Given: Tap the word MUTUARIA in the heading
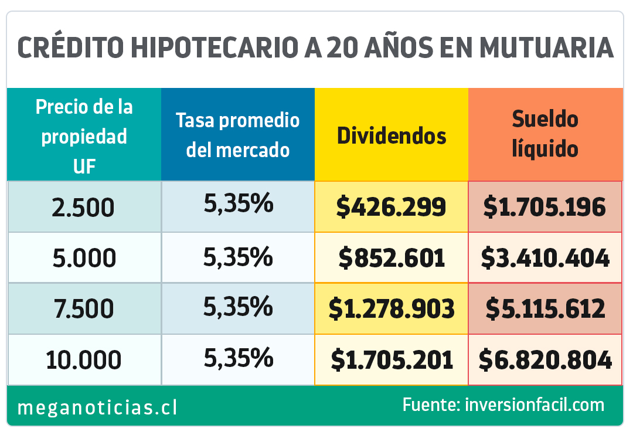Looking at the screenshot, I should [546, 47].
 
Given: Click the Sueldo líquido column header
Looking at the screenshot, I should [545, 134].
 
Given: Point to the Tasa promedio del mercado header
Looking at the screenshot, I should [238, 135].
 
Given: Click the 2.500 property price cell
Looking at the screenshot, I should [84, 208].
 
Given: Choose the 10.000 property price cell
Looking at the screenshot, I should [84, 359].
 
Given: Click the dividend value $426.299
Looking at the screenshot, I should [392, 207].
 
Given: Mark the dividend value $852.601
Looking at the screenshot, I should [392, 258].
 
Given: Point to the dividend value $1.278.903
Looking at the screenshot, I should [392, 308].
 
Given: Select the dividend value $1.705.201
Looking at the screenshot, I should [392, 359].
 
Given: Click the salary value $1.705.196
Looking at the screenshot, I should [545, 207].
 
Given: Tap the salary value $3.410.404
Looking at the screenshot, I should [545, 258].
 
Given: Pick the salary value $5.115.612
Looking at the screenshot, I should [545, 308].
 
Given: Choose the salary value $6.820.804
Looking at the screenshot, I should [545, 359].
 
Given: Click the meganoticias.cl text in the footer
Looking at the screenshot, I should [97, 407].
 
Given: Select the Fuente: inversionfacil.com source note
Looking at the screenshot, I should [503, 405].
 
